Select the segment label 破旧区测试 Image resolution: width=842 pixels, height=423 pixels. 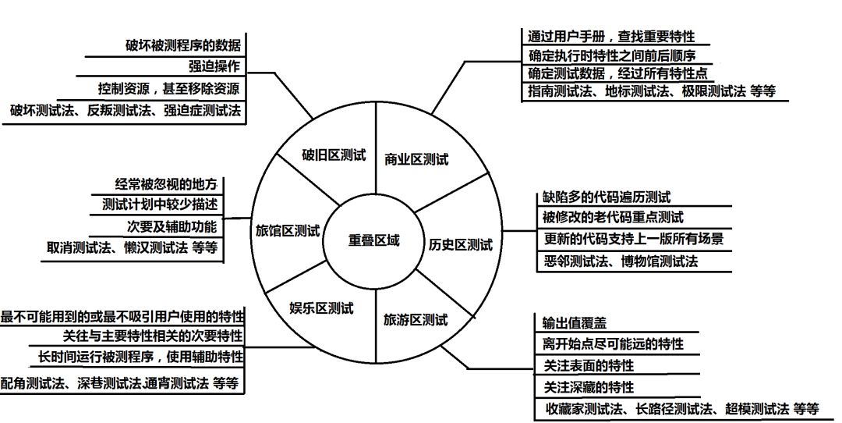click(334, 155)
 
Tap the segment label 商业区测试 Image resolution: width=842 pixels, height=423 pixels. click(417, 159)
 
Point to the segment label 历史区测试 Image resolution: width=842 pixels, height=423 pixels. click(461, 245)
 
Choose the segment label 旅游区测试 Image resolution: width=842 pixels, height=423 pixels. click(416, 319)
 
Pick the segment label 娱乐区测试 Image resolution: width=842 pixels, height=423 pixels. click(321, 308)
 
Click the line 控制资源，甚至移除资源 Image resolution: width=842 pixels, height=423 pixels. click(168, 87)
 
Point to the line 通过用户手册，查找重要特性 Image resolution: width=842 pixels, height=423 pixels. click(610, 37)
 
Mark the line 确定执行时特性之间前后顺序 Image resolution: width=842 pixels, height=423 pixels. click(611, 55)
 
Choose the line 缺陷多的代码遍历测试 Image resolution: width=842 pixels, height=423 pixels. click(607, 197)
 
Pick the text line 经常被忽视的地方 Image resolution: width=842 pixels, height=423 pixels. click(165, 185)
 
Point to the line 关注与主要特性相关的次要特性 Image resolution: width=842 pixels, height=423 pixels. click(152, 336)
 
